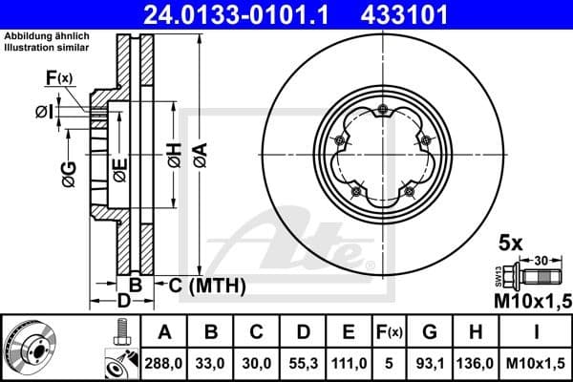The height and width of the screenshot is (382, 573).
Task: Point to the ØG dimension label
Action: tap(70, 174)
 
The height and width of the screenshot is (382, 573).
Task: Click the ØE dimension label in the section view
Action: tap(119, 169)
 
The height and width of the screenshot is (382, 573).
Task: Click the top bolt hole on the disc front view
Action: tap(383, 108)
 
